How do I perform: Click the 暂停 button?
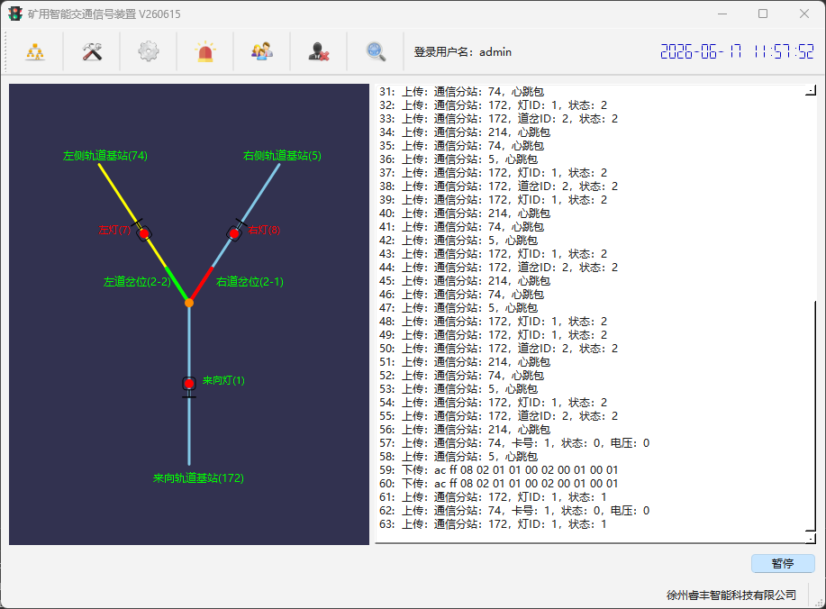point(783,563)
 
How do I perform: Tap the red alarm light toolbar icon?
point(204,51)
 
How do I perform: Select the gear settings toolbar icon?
point(149,51)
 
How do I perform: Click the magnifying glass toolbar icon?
point(376,51)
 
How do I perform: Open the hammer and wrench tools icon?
point(92,51)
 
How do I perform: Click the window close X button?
point(803,14)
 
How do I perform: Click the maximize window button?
point(763,14)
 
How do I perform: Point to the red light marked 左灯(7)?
point(144,233)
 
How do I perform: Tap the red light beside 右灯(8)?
point(234,233)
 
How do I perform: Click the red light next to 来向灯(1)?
point(189,384)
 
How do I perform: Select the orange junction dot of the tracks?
point(189,303)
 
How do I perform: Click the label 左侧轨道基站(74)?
point(105,156)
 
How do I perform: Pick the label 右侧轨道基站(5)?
point(282,156)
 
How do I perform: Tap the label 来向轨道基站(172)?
point(198,477)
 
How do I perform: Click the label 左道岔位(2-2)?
point(137,282)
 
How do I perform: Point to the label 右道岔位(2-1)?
point(250,282)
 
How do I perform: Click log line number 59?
point(498,470)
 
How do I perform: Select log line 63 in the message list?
point(493,524)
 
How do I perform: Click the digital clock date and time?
point(737,51)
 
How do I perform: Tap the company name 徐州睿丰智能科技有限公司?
point(731,595)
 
